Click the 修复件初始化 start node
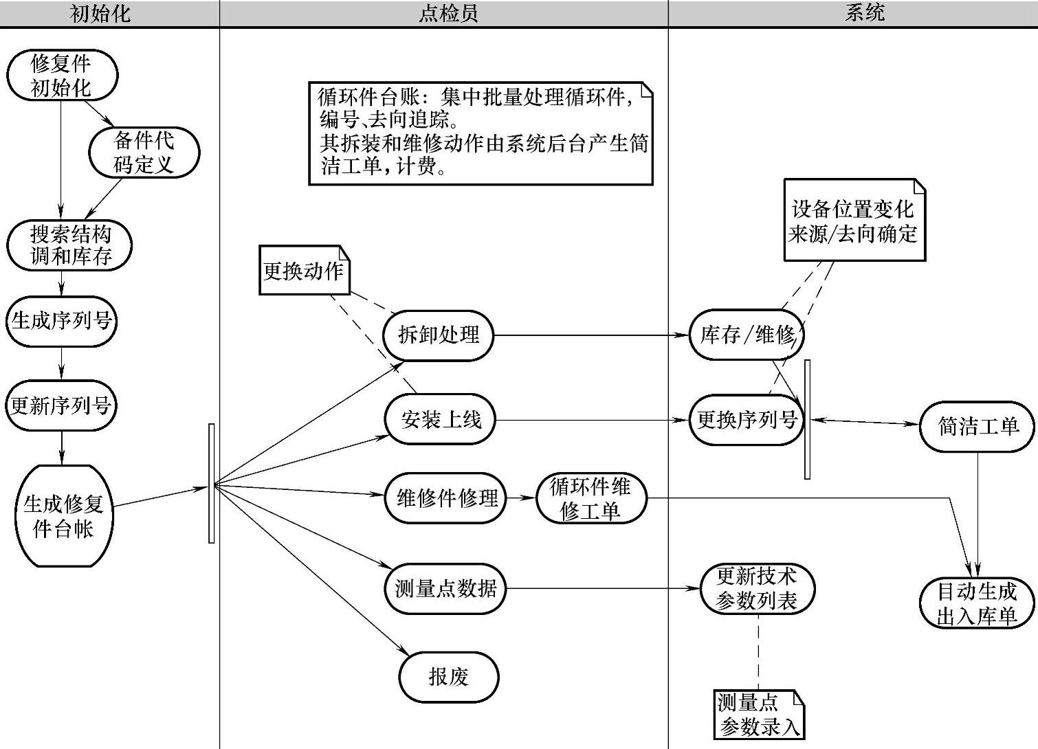tap(62, 75)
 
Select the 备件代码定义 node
tap(144, 152)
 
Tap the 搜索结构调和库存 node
tap(69, 245)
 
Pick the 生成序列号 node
tap(62, 321)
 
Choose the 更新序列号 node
tap(61, 405)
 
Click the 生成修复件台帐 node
tap(63, 516)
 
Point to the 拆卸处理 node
tap(439, 335)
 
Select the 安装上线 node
tap(441, 419)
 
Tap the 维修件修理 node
tap(446, 498)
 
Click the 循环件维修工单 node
tap(590, 498)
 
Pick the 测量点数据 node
tap(445, 588)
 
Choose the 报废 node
tap(448, 677)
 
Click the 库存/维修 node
tap(747, 335)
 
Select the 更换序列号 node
tap(747, 419)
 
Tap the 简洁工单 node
tap(977, 426)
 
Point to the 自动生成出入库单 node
tap(977, 603)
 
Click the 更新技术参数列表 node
tap(757, 589)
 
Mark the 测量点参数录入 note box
tap(759, 715)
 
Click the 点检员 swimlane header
tap(448, 13)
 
